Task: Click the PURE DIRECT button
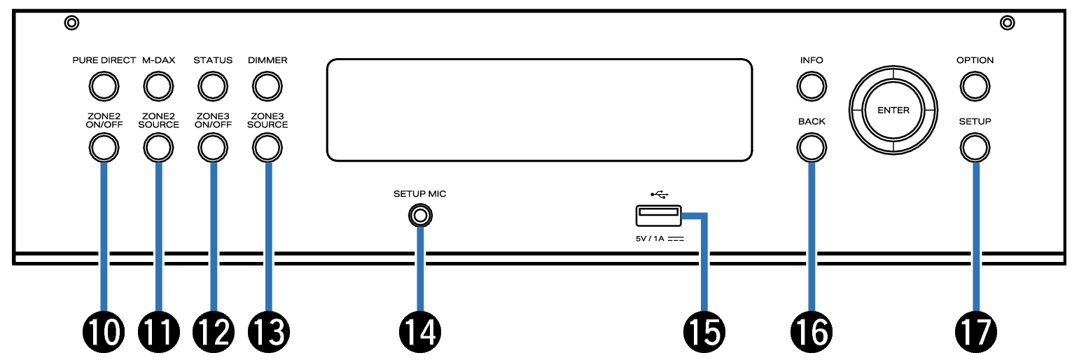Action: (103, 86)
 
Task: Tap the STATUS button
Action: (213, 86)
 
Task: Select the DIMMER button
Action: (267, 86)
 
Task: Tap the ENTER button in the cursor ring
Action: (893, 111)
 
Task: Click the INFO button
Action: (811, 86)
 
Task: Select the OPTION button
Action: (975, 86)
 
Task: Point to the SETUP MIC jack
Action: (419, 216)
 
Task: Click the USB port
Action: (658, 216)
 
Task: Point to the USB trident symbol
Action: (658, 194)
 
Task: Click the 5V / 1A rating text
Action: (659, 239)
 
